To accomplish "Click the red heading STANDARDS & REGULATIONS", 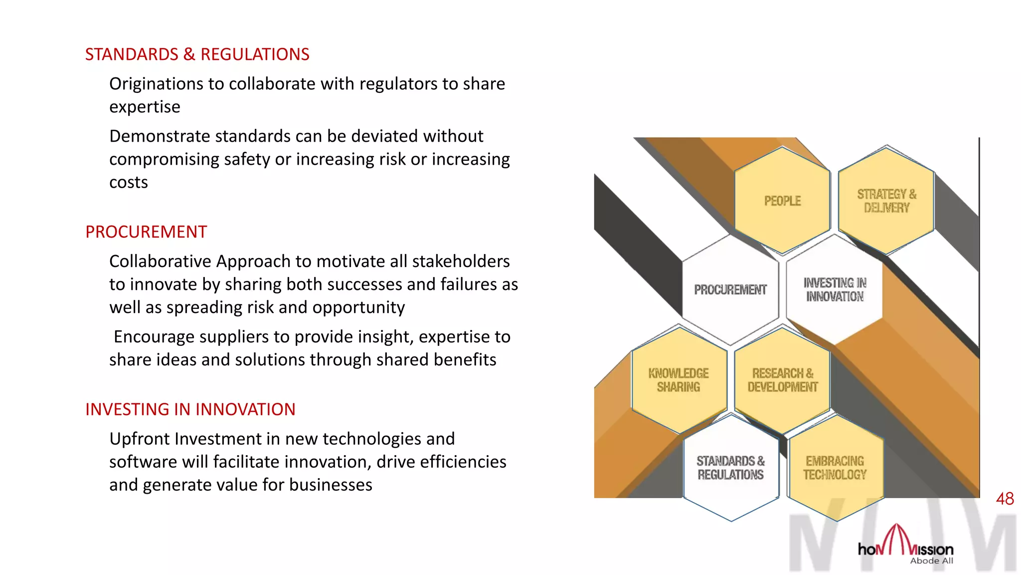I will coord(197,54).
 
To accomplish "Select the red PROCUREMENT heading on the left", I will coord(146,232).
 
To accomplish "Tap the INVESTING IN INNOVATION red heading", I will coord(190,410).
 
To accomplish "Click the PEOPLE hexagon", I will coord(782,201).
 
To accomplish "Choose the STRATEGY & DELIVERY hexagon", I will coord(886,201).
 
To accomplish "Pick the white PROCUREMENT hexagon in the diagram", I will coord(730,289).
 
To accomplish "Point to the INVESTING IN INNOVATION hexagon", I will coord(835,289).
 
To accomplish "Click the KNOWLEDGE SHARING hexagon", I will coord(679,380).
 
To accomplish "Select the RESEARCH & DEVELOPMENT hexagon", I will coord(782,380).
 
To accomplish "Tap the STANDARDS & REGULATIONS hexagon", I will coord(730,468).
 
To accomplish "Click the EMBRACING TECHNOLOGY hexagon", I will coord(835,468).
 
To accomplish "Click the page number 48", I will coord(1005,499).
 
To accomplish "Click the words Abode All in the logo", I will coord(931,561).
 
